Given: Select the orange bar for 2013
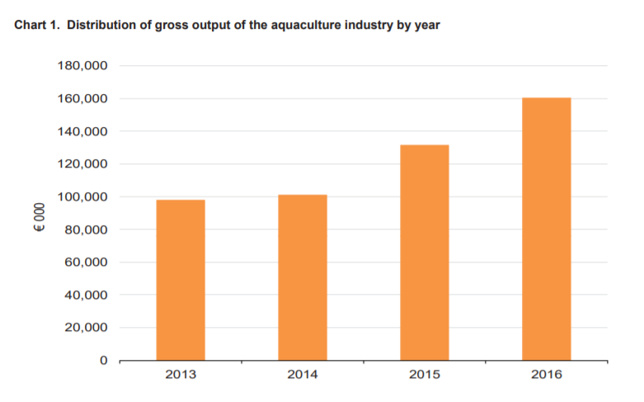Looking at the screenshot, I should [181, 280].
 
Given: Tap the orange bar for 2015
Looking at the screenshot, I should [424, 253].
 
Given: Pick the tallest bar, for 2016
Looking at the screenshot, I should [546, 229].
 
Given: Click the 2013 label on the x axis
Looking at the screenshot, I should [181, 375].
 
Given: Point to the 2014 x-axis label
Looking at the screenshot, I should [303, 375].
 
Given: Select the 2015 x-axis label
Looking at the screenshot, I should [424, 375].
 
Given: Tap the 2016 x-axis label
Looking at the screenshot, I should [546, 375].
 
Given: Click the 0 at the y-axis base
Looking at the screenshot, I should [104, 361].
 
